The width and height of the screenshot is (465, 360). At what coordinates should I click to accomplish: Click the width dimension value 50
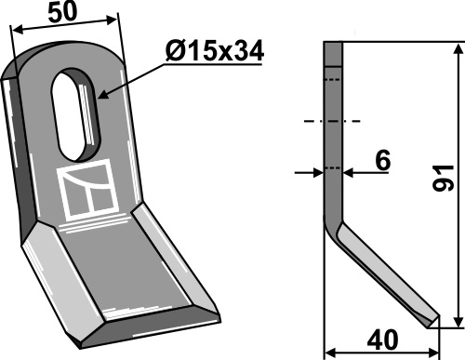point(62,13)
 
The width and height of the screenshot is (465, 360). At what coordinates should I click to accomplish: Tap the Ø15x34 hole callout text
point(215,51)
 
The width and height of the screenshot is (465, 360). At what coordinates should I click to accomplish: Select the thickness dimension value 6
point(383,161)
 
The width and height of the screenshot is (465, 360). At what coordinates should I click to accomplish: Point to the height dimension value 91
point(444,178)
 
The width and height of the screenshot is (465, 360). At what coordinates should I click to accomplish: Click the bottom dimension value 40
point(382,340)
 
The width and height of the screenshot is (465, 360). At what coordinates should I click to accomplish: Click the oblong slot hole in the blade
point(76,114)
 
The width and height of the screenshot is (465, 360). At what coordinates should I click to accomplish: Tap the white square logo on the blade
point(87,190)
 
